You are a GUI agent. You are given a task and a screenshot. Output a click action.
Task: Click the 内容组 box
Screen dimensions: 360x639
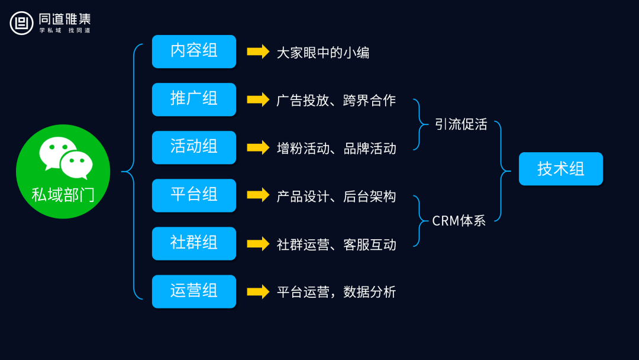[193, 52]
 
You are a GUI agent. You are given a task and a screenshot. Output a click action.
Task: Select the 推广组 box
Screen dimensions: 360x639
[193, 99]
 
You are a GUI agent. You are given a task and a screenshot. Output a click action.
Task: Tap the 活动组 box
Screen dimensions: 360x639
[193, 147]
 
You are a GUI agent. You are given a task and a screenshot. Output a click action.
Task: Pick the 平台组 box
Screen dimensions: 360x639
[193, 195]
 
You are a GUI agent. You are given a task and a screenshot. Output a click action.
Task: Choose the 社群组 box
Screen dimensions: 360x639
[193, 243]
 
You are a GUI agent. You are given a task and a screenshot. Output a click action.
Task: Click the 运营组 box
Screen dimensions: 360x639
[193, 291]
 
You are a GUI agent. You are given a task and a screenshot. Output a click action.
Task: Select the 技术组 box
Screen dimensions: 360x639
[560, 169]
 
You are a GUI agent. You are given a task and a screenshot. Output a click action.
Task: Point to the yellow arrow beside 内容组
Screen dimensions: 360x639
[258, 52]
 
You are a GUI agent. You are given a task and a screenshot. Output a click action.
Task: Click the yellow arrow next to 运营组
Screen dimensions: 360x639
[258, 291]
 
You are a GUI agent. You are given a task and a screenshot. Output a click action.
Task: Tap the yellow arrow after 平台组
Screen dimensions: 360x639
[258, 195]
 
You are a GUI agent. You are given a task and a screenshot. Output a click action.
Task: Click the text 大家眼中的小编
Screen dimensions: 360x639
[323, 53]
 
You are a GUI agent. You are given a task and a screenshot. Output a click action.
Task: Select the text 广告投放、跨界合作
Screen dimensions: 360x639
[336, 101]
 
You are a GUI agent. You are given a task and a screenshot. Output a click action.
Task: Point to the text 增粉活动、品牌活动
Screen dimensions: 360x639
[336, 149]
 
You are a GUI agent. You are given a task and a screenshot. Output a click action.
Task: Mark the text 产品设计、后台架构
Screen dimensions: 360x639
[336, 197]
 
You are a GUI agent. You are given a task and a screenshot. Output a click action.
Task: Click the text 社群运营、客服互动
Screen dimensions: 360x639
[336, 245]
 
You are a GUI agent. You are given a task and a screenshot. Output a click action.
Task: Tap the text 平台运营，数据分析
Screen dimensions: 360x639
[336, 292]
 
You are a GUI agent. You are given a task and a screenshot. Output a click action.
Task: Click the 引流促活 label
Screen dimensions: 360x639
[461, 125]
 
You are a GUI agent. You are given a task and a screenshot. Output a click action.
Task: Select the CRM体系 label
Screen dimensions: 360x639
[459, 221]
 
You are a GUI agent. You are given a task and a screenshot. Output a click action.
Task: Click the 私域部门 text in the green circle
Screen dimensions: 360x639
[63, 195]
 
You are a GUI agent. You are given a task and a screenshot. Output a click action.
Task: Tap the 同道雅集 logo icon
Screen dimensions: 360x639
[21, 23]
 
